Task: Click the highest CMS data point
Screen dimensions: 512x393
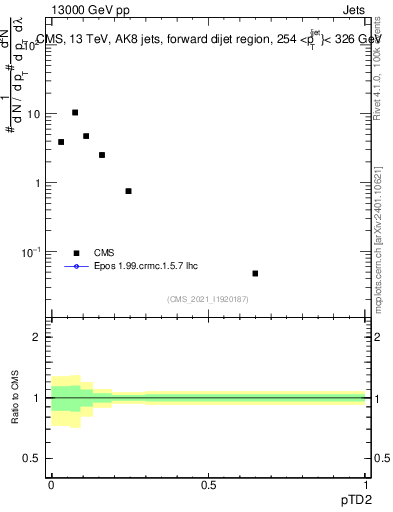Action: (x=75, y=113)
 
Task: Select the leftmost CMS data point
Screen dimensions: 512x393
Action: (x=61, y=142)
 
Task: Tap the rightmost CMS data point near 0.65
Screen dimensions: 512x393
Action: (x=255, y=273)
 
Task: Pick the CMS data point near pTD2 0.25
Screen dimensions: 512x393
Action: (x=128, y=191)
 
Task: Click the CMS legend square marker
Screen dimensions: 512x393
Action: (x=76, y=253)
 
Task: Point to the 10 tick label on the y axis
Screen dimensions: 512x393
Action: (x=35, y=114)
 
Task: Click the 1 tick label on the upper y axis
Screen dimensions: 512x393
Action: (x=38, y=183)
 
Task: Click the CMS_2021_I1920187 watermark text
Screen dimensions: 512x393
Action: (x=207, y=298)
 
